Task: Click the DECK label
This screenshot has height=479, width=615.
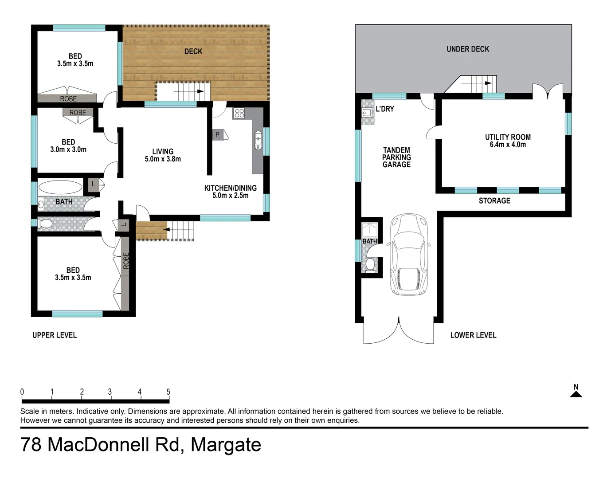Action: pyautogui.click(x=193, y=51)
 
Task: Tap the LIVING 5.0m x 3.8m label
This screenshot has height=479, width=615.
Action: pyautogui.click(x=163, y=155)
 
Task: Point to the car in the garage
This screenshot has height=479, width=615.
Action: pyautogui.click(x=408, y=255)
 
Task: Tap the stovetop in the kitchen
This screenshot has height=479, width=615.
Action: pyautogui.click(x=239, y=113)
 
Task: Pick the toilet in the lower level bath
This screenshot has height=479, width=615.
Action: pyautogui.click(x=370, y=265)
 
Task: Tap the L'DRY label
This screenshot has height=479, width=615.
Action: pyautogui.click(x=384, y=109)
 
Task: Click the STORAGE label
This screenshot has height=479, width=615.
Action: pyautogui.click(x=494, y=201)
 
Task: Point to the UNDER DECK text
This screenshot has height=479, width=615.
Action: pyautogui.click(x=468, y=49)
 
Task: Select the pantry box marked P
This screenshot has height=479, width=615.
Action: pyautogui.click(x=217, y=134)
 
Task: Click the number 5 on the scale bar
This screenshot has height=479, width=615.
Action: pyautogui.click(x=168, y=392)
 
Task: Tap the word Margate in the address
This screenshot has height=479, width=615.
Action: pyautogui.click(x=226, y=445)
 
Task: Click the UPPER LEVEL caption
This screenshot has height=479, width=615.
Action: pyautogui.click(x=55, y=335)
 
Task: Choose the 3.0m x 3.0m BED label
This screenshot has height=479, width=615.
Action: pyautogui.click(x=68, y=146)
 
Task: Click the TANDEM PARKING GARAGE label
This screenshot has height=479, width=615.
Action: pyautogui.click(x=396, y=157)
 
